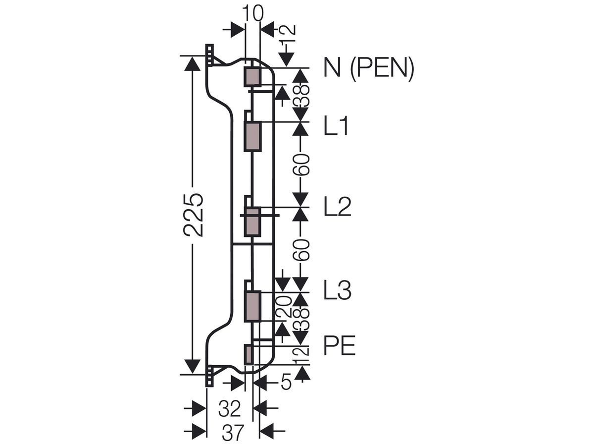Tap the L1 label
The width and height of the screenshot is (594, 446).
point(336,126)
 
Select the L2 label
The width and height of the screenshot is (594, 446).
point(338,207)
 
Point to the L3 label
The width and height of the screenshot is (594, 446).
point(338,290)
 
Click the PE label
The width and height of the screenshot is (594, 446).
point(340,345)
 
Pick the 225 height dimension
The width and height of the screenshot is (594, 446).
point(193,215)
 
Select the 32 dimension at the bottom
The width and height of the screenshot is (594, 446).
point(230,409)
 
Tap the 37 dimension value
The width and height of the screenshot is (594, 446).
point(233,433)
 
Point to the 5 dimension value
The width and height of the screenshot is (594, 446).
point(286,382)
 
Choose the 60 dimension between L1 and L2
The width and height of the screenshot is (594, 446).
point(300,165)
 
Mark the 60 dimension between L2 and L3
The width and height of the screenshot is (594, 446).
point(300,250)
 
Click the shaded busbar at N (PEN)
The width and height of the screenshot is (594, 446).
point(253,77)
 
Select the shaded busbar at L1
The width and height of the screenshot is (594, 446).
point(253,136)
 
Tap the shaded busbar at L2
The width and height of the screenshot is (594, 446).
point(253,222)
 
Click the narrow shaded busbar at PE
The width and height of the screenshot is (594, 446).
point(248,355)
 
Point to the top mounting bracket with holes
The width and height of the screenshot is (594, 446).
point(210,55)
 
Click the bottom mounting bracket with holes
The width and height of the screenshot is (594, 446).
point(210,376)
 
